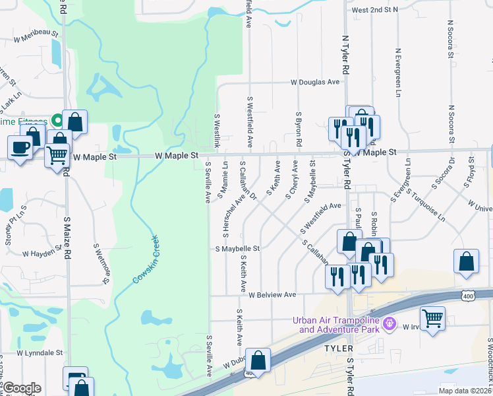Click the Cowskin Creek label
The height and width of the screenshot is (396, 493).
(x=147, y=260)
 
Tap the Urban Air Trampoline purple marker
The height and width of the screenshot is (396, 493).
(x=390, y=323)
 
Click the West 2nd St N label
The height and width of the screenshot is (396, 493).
(x=375, y=10)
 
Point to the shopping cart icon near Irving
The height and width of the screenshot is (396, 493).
(x=432, y=319)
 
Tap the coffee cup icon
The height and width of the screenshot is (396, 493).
(x=20, y=147)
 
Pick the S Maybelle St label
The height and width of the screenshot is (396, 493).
(x=238, y=249)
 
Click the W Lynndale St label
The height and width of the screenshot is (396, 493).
(x=40, y=353)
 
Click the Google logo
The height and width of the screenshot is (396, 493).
(x=22, y=388)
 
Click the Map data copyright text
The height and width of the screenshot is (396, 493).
(x=465, y=391)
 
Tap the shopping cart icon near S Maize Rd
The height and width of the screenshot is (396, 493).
(x=57, y=154)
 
